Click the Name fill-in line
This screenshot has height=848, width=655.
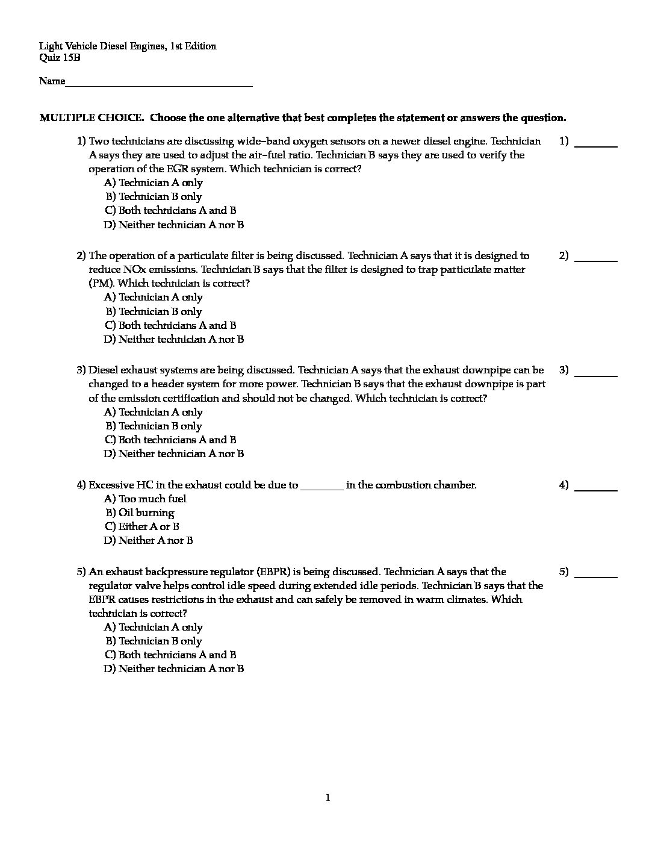[x=159, y=82]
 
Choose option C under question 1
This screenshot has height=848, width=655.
[x=170, y=210]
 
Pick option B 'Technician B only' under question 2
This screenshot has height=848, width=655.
[x=154, y=311]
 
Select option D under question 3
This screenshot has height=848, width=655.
[x=174, y=454]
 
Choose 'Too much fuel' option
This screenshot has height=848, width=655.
[x=146, y=499]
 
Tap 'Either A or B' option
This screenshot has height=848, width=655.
[x=142, y=526]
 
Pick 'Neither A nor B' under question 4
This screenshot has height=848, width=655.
[x=149, y=540]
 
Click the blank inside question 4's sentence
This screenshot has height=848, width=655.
[x=321, y=485]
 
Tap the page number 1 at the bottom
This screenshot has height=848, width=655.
[x=327, y=798]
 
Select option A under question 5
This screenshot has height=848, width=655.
[x=154, y=627]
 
